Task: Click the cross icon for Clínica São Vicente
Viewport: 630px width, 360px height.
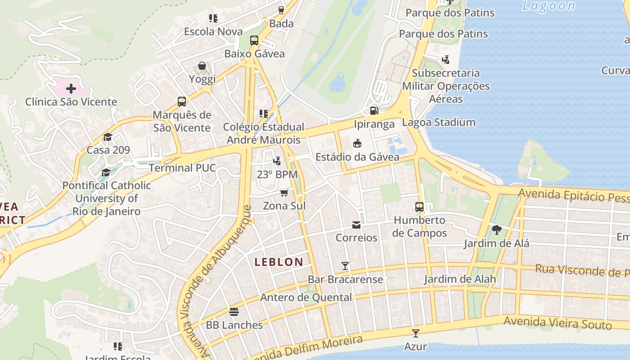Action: click(x=71, y=88)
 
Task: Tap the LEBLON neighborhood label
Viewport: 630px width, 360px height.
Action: click(x=279, y=262)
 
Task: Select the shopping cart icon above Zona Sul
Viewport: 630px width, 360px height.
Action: click(x=284, y=193)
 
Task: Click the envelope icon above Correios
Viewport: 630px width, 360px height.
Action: click(x=356, y=225)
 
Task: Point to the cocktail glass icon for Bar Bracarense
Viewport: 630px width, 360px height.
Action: click(x=345, y=266)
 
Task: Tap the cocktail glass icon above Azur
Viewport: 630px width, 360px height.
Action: click(x=415, y=333)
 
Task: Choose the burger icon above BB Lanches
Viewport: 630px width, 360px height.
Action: click(x=234, y=311)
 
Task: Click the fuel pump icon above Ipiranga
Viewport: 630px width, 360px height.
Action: click(x=374, y=110)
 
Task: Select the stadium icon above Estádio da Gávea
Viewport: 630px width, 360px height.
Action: click(x=357, y=144)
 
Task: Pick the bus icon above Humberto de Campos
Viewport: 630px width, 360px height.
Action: click(x=419, y=207)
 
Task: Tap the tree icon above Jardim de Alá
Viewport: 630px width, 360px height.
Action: click(x=496, y=230)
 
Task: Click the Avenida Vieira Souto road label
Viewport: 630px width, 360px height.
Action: click(x=558, y=323)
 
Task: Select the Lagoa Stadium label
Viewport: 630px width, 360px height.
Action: click(x=439, y=122)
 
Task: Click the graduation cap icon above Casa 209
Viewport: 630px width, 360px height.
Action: click(x=108, y=137)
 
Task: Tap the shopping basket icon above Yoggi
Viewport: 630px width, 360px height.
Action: click(x=202, y=66)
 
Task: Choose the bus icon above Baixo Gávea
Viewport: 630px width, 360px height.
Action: click(x=254, y=40)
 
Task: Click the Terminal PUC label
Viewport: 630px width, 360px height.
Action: click(x=182, y=168)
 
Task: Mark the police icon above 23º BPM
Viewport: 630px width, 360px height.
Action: click(x=277, y=161)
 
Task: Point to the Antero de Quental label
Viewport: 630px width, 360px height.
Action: click(x=306, y=297)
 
